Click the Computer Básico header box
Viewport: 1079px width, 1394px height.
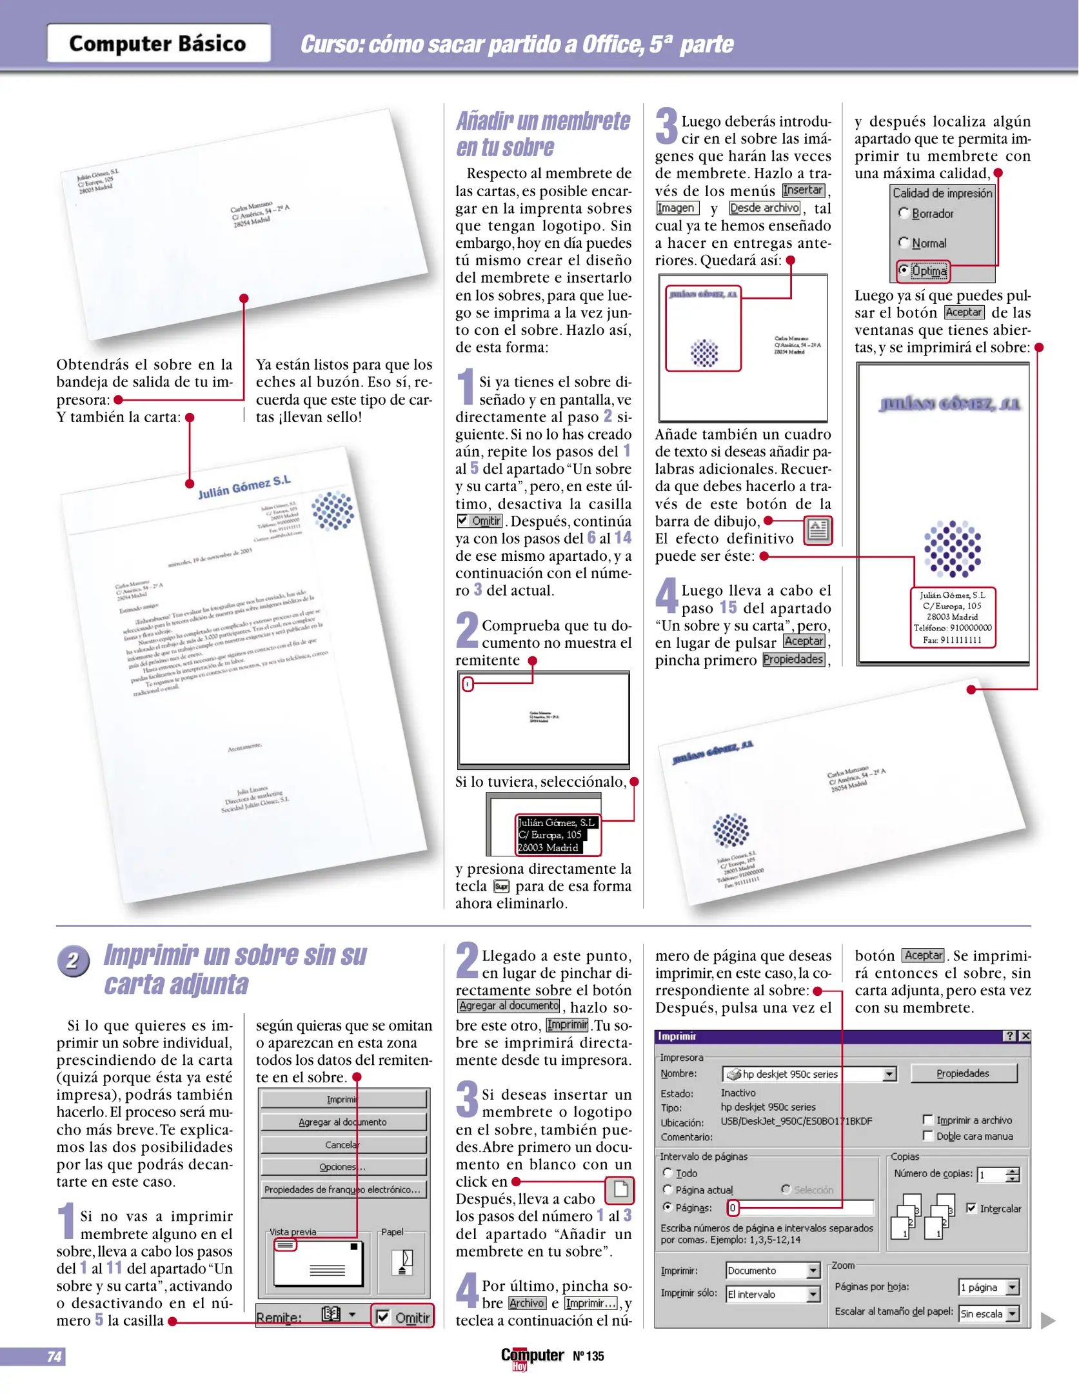158,43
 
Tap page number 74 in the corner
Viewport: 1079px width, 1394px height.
55,1356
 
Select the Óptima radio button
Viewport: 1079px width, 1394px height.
904,270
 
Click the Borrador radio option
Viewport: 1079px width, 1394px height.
904,213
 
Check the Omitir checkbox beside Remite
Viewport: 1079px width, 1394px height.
382,1317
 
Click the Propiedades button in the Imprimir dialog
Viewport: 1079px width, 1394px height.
963,1073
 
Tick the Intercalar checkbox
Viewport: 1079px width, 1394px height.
971,1207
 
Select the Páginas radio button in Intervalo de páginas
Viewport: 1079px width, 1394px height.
668,1207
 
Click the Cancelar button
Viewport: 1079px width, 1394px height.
343,1144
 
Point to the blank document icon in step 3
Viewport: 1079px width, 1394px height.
620,1189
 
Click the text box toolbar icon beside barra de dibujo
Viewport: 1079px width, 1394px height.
818,530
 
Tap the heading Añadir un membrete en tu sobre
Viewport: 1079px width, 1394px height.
543,134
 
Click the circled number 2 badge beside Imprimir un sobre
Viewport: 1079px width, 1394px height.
72,961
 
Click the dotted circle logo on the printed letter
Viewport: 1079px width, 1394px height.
333,510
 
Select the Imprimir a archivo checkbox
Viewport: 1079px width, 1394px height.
928,1120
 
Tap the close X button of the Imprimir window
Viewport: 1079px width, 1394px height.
1025,1036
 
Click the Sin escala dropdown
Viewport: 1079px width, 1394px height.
988,1313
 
